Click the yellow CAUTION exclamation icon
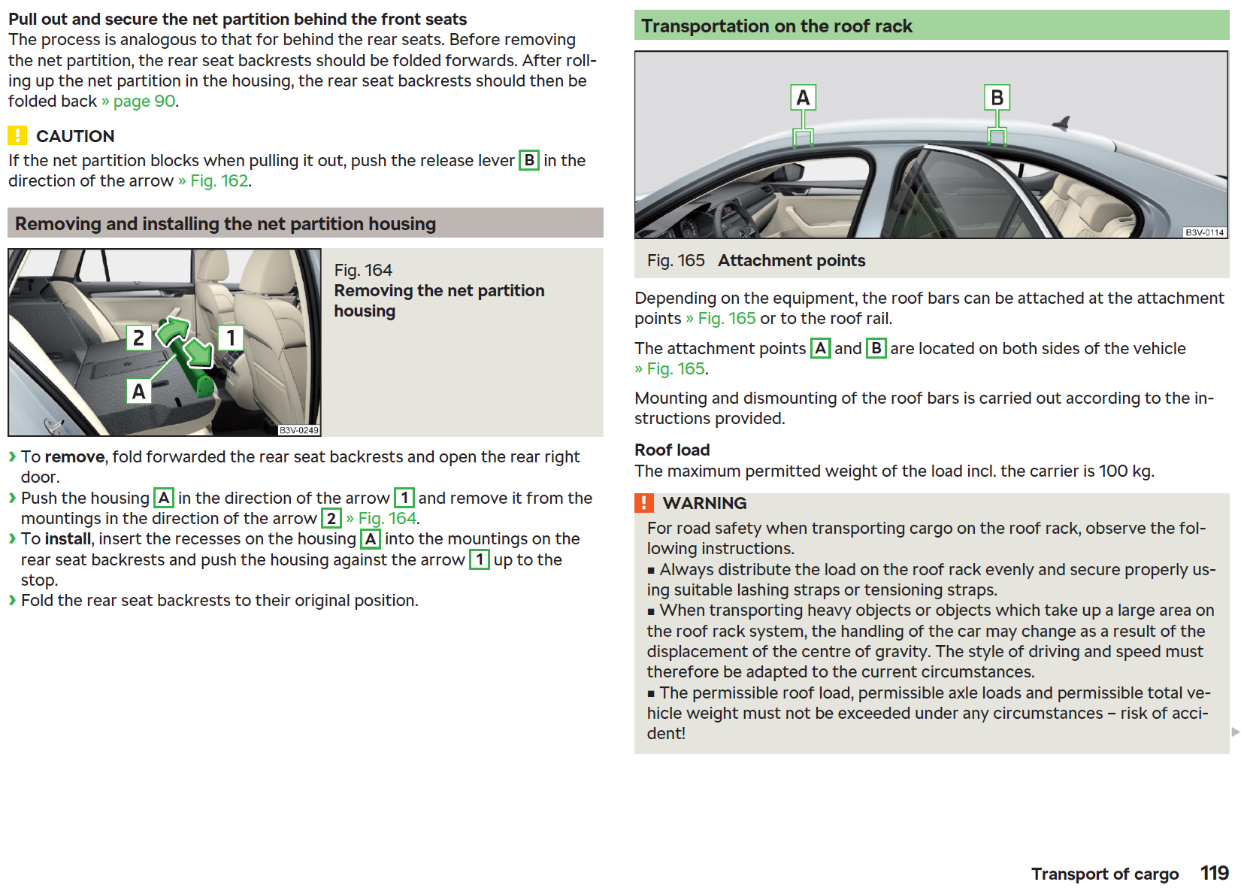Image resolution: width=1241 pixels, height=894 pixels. [x=17, y=135]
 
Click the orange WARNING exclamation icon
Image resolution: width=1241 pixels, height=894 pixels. [x=643, y=502]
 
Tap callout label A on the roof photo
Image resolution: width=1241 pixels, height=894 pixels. [x=803, y=98]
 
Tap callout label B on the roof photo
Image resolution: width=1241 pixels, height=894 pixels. [x=997, y=98]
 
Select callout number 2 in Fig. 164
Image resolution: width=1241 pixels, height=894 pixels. [x=138, y=338]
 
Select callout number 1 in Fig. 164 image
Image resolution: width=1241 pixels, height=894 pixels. [x=231, y=338]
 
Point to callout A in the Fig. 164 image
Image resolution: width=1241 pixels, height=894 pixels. [x=138, y=391]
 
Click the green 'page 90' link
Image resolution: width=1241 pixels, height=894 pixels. [x=144, y=101]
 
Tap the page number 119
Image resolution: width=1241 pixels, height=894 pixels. [x=1214, y=872]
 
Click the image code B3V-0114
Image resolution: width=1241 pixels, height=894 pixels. [x=1204, y=232]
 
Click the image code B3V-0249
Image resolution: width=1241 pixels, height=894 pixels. [x=299, y=430]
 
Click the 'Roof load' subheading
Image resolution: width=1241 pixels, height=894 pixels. [x=672, y=450]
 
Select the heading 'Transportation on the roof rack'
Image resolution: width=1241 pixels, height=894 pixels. [x=776, y=26]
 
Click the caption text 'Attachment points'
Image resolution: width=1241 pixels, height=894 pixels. [x=792, y=260]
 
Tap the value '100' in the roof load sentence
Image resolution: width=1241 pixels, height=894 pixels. [x=1113, y=471]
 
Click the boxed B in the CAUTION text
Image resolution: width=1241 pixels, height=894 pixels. [x=529, y=160]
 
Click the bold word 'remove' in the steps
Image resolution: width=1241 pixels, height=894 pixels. [x=74, y=456]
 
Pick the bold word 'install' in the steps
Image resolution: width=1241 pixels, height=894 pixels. [x=68, y=538]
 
